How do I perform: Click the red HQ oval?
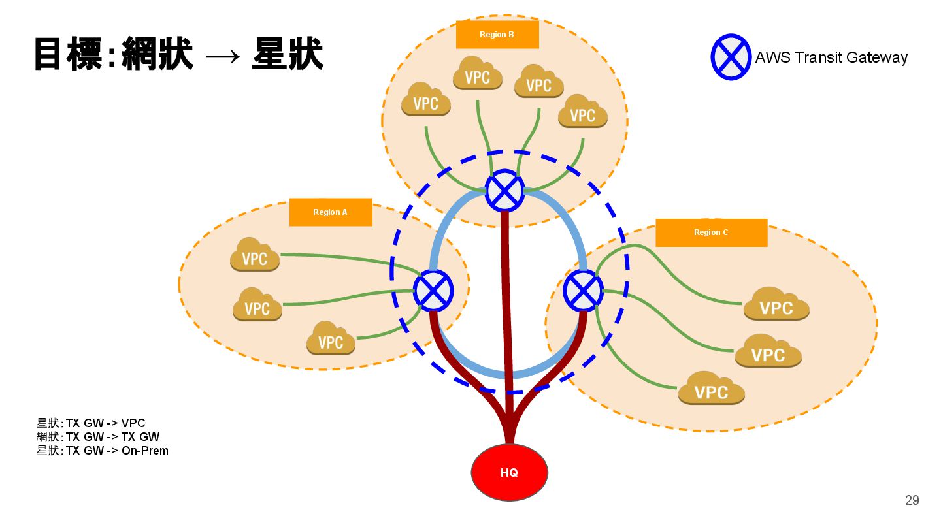(509, 472)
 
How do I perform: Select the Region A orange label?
(330, 212)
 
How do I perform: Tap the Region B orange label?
(497, 35)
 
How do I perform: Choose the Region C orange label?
(711, 232)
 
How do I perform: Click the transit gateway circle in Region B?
(504, 190)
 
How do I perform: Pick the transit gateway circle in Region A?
(433, 291)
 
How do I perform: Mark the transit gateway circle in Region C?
(583, 291)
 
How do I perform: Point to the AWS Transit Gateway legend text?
(831, 57)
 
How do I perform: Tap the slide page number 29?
(912, 500)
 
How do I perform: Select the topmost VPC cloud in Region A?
(255, 256)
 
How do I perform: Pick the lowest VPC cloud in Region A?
(331, 339)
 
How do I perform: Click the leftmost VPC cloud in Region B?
(426, 101)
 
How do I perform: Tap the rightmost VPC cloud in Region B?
(582, 113)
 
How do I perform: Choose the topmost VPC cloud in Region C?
(776, 305)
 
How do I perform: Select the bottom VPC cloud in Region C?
(711, 389)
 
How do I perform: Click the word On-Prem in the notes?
(144, 451)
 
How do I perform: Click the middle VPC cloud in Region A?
(257, 306)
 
